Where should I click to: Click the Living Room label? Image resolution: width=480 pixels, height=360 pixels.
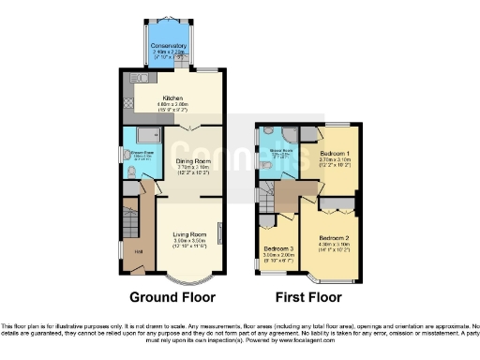pos(189,232)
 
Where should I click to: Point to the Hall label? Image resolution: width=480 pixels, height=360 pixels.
pos(138,250)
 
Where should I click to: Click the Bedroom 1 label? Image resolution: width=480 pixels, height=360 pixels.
pos(335,152)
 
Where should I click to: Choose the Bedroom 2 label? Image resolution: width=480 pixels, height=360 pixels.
pos(332,238)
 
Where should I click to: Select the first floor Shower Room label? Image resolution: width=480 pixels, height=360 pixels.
pos(278,152)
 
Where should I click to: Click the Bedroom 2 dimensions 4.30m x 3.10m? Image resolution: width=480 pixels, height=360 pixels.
pos(332,246)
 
